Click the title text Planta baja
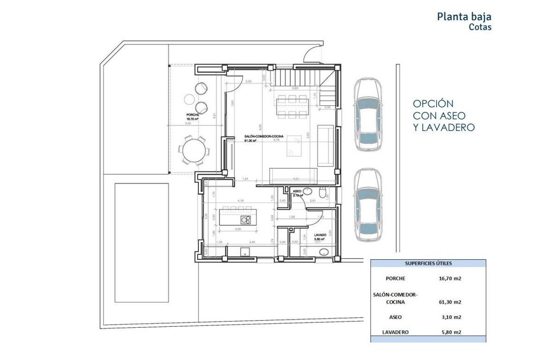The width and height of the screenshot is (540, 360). [464, 17]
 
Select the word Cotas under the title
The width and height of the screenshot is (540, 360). [480, 27]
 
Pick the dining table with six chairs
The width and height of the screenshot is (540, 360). [292, 107]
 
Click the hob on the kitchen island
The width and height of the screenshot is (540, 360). [246, 220]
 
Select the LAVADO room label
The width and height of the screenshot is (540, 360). [320, 235]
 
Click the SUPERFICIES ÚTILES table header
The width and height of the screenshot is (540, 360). [428, 263]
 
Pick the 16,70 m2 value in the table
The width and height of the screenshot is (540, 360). [450, 279]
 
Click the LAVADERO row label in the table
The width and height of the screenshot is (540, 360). [395, 332]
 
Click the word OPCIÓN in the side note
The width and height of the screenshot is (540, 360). [433, 104]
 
